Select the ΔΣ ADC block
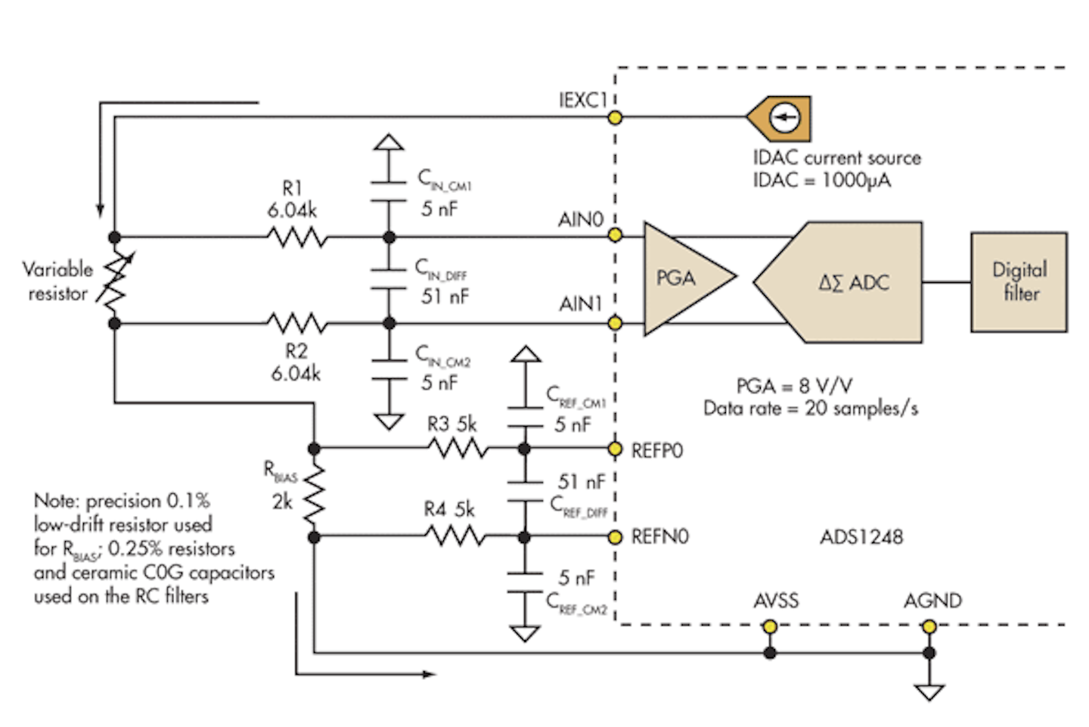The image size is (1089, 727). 847,282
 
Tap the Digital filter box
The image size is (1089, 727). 1019,282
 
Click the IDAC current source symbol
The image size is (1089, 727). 782,118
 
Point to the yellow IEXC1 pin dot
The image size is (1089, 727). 616,117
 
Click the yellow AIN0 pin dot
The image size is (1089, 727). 616,235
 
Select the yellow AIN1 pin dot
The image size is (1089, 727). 616,323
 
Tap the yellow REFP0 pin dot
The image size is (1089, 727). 616,449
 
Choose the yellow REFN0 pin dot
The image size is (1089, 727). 616,537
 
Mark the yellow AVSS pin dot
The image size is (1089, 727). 770,626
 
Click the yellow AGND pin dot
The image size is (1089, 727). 929,626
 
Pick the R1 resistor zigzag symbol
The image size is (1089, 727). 297,238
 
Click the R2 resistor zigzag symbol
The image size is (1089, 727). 297,324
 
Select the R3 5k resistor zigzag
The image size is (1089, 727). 458,449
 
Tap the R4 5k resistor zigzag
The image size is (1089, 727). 455,537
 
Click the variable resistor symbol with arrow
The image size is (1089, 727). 115,281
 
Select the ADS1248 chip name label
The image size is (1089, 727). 861,537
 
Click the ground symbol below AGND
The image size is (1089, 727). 929,691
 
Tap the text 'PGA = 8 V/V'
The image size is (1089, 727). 794,386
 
